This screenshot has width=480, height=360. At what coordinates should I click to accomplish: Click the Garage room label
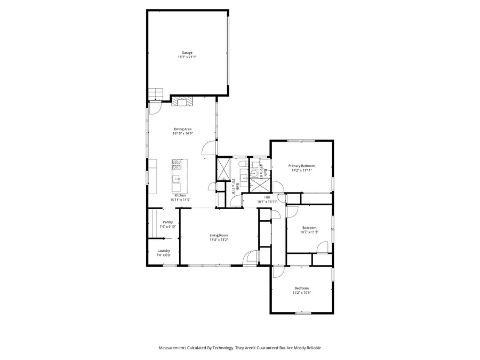[x=187, y=52]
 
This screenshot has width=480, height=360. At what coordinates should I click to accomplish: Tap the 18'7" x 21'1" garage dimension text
[x=187, y=57]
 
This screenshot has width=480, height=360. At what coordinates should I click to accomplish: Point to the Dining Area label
[x=182, y=129]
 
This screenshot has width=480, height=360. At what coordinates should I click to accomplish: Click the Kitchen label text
[x=180, y=195]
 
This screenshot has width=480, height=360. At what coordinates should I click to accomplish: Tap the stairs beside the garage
[x=155, y=94]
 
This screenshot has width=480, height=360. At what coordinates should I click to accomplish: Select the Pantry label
[x=168, y=222]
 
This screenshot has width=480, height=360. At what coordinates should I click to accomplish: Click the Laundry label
[x=164, y=251]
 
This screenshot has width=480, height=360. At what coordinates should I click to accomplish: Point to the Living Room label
[x=219, y=235]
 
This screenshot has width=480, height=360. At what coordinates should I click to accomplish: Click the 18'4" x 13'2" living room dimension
[x=219, y=240]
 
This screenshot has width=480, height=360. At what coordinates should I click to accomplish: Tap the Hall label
[x=267, y=197]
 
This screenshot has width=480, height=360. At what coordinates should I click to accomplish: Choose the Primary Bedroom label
[x=302, y=165]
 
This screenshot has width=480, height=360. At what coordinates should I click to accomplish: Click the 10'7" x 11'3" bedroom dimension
[x=309, y=232]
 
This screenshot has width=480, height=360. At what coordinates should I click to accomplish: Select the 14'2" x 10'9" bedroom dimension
[x=302, y=293]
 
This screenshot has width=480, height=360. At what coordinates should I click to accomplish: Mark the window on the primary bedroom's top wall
[x=301, y=141]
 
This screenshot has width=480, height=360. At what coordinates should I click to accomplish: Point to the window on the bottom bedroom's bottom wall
[x=302, y=313]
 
